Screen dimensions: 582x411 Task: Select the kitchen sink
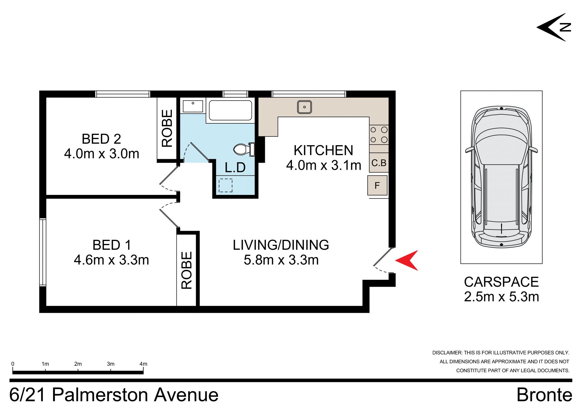pos(304,107)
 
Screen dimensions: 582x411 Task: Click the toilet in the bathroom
pos(244,149)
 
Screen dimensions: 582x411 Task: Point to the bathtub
pos(230,110)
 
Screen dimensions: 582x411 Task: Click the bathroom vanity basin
pos(193,106)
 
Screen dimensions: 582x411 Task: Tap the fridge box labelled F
pos(377,185)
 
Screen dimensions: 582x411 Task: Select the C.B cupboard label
pos(379,163)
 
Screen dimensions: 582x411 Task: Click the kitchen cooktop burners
pos(379,135)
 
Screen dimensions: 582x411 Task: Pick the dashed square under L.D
pos(226,185)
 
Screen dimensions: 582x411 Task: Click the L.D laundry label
pos(235,167)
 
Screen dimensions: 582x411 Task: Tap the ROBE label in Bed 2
pos(167,128)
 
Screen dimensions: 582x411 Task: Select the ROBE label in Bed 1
pos(187,270)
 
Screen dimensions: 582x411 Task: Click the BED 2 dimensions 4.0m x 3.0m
pos(102,154)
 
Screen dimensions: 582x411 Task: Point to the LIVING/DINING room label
pos(281,245)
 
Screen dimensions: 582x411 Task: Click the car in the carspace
pos(501,177)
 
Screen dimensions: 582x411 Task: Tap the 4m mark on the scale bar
pos(143,364)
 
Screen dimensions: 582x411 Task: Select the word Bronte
pos(544,395)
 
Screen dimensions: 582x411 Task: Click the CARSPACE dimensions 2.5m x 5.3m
pos(501,297)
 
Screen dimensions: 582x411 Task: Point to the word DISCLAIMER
pos(447,353)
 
